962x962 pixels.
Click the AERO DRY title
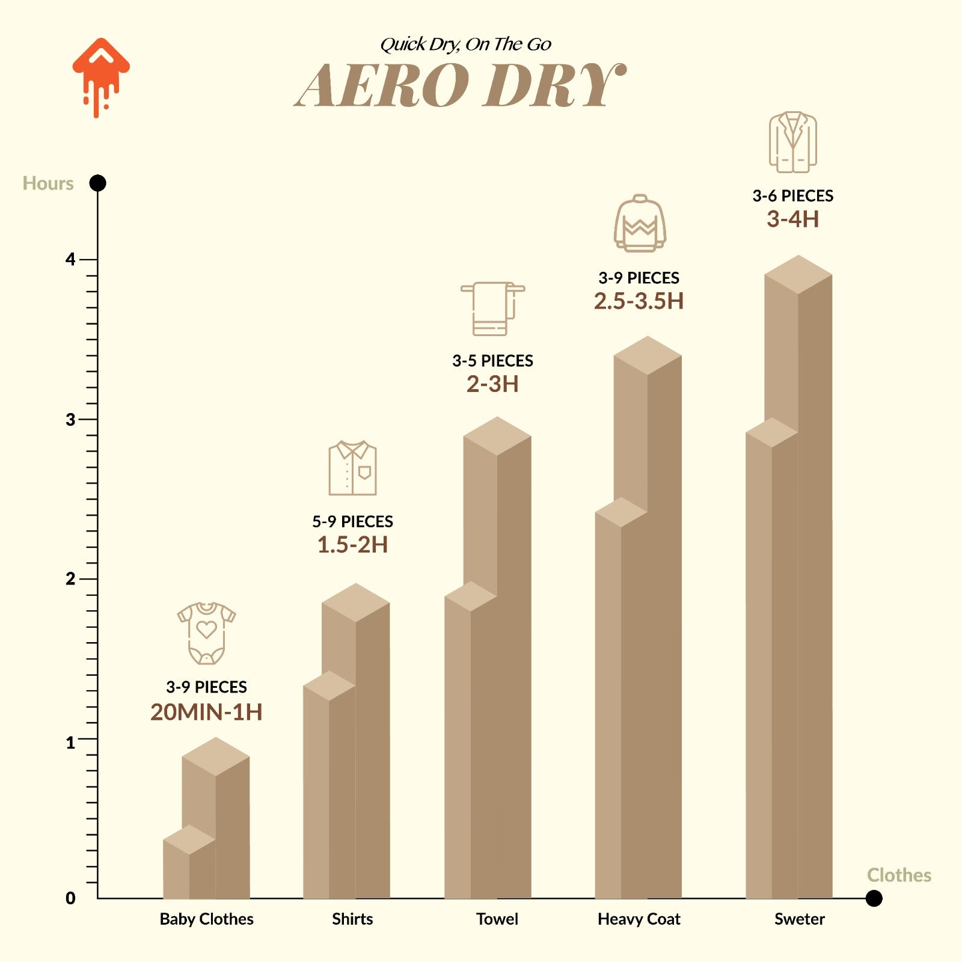click(461, 86)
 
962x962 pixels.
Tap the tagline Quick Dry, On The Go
click(465, 44)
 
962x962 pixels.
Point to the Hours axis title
click(48, 183)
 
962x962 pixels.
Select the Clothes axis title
click(899, 875)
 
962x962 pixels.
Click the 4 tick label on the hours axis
click(70, 260)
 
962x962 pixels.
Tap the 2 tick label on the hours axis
click(70, 579)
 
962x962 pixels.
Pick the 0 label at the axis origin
click(70, 898)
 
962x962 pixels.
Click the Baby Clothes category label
click(206, 919)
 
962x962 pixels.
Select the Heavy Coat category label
click(639, 919)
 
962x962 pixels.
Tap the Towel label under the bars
click(497, 919)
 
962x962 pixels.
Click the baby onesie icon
click(206, 633)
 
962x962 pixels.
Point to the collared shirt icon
click(352, 468)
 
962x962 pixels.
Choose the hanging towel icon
click(492, 308)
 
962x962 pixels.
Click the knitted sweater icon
click(640, 223)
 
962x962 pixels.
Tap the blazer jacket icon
click(792, 142)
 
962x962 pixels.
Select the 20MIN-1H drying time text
click(206, 712)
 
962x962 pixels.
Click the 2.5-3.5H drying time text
click(639, 301)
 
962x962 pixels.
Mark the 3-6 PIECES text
click(792, 196)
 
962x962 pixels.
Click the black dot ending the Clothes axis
click(874, 898)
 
